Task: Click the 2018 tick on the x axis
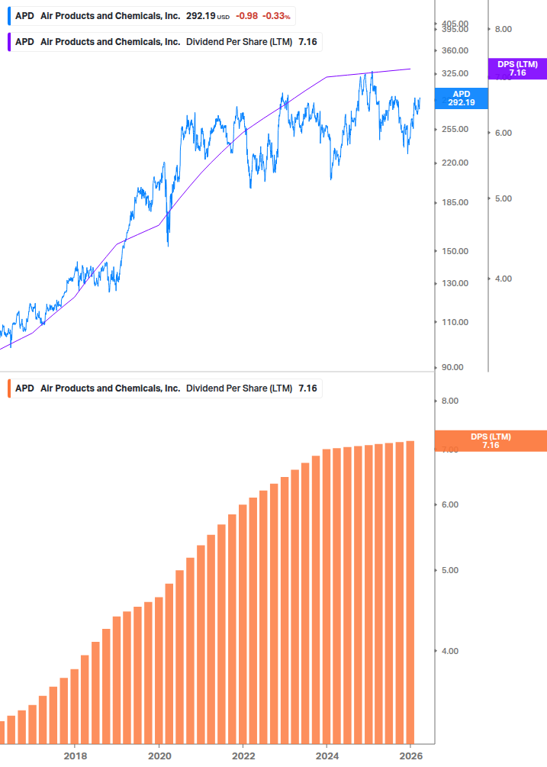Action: click(75, 756)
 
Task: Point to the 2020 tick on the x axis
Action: click(159, 756)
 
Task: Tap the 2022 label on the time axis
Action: click(243, 756)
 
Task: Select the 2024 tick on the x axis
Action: click(327, 756)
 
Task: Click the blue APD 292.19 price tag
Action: click(461, 98)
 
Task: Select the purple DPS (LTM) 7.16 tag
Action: click(517, 69)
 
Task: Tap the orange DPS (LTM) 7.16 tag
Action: click(490, 440)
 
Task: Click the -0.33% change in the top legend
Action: click(276, 16)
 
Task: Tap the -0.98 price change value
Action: click(246, 16)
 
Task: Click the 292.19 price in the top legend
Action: click(201, 16)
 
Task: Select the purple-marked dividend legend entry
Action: click(165, 41)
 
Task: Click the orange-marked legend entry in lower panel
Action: click(165, 388)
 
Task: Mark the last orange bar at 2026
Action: click(410, 591)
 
